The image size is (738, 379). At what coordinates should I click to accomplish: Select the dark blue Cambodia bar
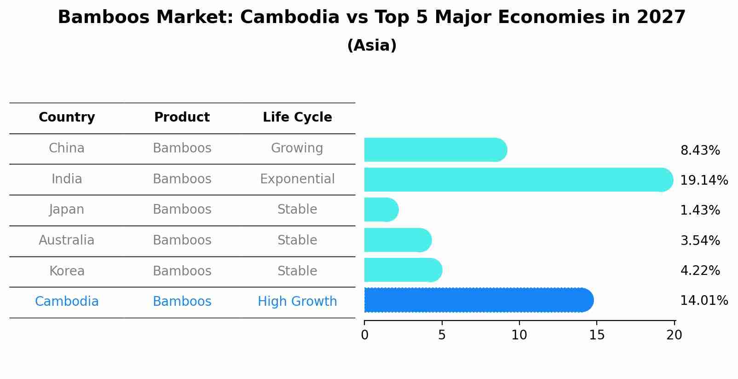click(479, 300)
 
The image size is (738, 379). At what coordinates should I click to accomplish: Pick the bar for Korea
click(403, 270)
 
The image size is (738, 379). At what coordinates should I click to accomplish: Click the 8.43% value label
click(700, 151)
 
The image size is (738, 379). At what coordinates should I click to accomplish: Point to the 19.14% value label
click(703, 180)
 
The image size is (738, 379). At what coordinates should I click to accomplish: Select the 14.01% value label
click(703, 301)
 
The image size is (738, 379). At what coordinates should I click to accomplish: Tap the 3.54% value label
click(700, 240)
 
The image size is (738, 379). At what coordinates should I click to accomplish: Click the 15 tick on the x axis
click(597, 335)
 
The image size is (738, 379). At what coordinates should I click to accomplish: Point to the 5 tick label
click(442, 335)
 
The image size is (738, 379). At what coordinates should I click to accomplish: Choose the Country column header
click(67, 117)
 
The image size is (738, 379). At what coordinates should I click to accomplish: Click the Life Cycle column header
click(297, 117)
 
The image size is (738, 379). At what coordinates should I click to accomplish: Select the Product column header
click(182, 117)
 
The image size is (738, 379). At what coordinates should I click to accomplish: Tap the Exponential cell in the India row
click(297, 179)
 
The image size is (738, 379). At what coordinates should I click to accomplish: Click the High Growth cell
click(297, 302)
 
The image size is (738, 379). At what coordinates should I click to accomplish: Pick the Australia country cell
click(67, 240)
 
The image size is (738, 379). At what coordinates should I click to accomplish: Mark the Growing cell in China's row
click(297, 148)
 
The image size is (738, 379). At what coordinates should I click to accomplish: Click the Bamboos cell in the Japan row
click(182, 210)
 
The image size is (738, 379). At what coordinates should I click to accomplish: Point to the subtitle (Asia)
click(372, 46)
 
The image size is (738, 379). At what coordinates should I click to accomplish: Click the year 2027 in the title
click(661, 17)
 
